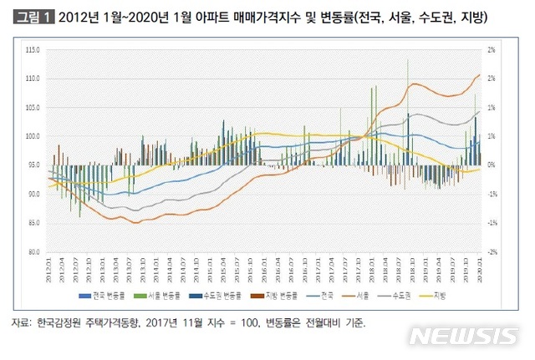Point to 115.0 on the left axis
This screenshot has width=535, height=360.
[x=33, y=50]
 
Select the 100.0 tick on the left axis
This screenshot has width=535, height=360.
[x=33, y=136]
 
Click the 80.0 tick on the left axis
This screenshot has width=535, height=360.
[x=33, y=251]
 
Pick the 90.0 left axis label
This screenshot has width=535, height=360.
[x=33, y=194]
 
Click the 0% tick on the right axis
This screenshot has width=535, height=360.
[x=493, y=165]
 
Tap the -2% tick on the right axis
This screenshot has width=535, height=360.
[x=493, y=251]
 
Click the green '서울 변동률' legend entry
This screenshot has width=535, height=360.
[x=150, y=296]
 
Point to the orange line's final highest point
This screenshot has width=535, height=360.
[x=479, y=74]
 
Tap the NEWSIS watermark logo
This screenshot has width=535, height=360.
[x=463, y=337]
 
